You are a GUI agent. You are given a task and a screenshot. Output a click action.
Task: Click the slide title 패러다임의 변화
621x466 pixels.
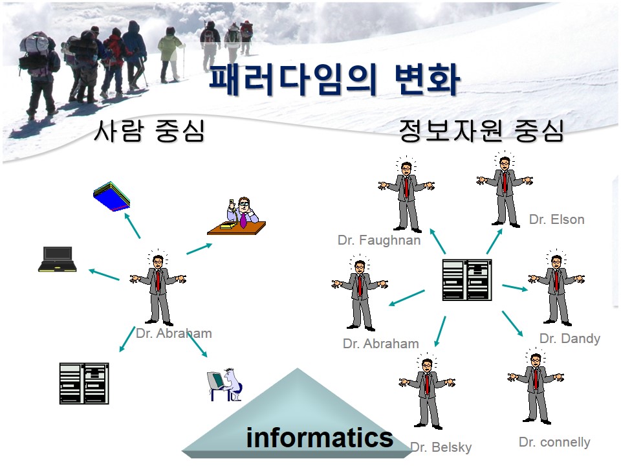[x=334, y=80]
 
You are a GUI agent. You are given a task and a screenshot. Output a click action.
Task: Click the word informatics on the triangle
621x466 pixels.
[x=319, y=438]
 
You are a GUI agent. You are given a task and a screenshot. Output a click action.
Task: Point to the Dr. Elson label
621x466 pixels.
[x=557, y=219]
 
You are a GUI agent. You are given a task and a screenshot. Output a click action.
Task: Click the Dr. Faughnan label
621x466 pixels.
[x=379, y=240]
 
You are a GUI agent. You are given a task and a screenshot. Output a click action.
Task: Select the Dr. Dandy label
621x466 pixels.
[x=570, y=338]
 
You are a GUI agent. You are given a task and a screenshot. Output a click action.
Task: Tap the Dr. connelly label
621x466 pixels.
[x=554, y=442]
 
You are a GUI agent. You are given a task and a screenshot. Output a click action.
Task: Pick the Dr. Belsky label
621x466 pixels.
[x=441, y=447]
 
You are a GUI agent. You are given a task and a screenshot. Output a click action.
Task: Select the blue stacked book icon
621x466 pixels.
[x=112, y=196]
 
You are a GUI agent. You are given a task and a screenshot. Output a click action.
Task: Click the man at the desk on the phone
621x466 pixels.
[x=237, y=216]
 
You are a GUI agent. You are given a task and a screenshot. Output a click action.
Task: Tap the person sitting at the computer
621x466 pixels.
[x=224, y=384]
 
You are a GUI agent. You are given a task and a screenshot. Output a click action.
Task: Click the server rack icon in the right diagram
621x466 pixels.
[x=467, y=280]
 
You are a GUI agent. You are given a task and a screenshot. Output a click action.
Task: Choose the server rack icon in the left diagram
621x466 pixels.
[x=84, y=383]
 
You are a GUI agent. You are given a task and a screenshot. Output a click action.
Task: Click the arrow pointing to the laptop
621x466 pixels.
[x=104, y=275]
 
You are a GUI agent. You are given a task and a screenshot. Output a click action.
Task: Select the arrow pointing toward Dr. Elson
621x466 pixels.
[x=494, y=241]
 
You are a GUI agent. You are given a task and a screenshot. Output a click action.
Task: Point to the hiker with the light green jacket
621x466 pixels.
[x=171, y=54]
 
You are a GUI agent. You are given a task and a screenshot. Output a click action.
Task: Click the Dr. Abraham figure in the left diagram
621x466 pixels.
[x=158, y=288]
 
